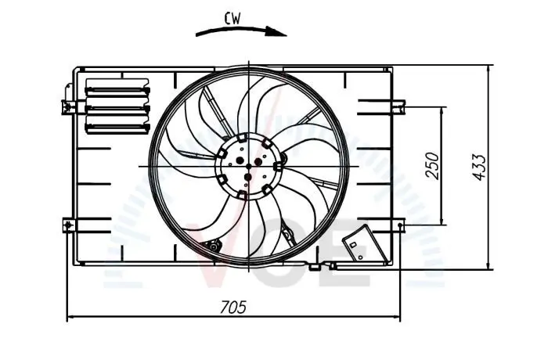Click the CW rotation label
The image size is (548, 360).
tap(233, 19)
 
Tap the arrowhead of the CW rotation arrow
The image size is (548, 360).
tap(276, 31)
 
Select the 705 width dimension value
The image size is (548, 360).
tap(233, 308)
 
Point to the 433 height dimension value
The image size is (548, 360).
tap(479, 167)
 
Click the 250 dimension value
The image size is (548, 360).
tap(432, 166)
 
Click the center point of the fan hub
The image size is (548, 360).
tap(248, 166)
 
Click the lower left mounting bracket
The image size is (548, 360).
tap(69, 225)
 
